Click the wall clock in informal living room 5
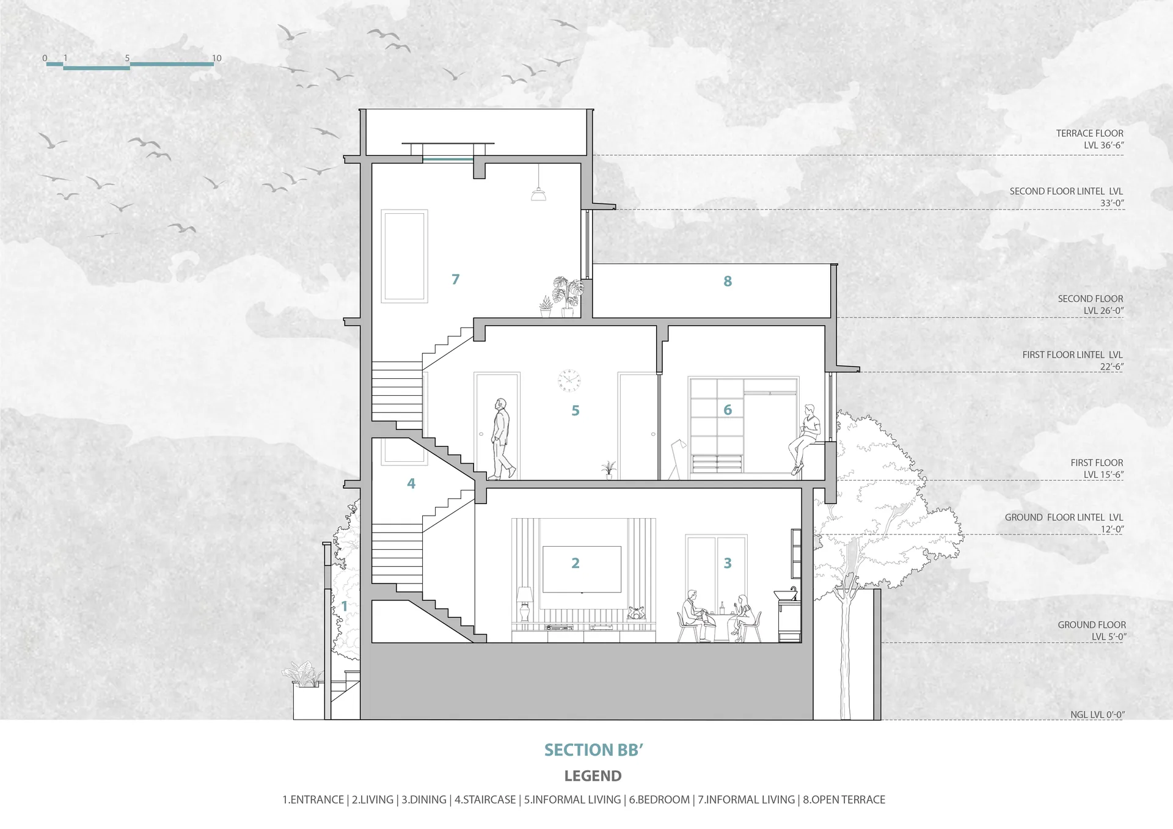tap(569, 381)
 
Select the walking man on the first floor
tap(503, 439)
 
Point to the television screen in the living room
tap(582, 569)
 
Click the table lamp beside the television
tap(524, 604)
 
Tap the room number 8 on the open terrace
tap(728, 281)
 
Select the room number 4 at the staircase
tap(411, 484)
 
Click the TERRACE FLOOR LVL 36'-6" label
tap(1089, 139)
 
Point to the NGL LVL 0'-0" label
tap(1097, 715)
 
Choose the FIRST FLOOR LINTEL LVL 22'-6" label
tap(1072, 360)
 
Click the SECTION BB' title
tap(593, 750)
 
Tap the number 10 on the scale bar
tap(217, 59)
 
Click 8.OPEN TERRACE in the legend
tap(844, 800)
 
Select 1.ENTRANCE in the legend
tap(313, 800)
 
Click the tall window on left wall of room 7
tap(404, 257)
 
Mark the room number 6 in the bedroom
tap(728, 410)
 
